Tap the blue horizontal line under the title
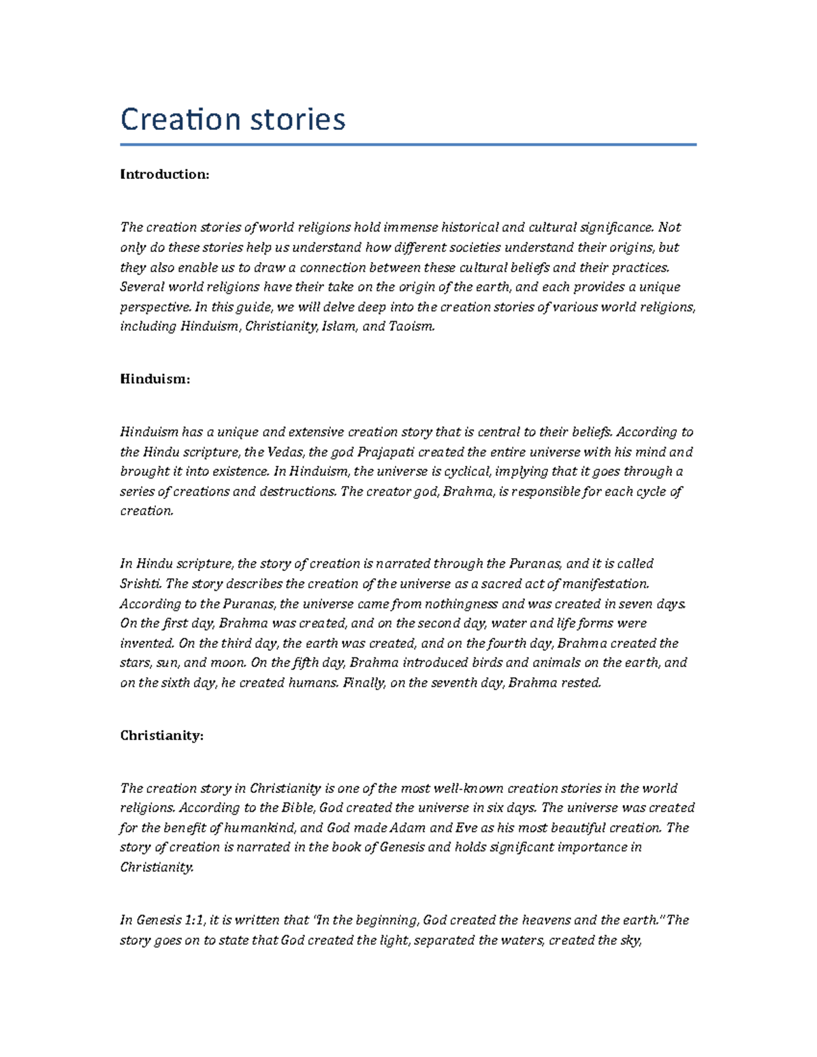pos(408,144)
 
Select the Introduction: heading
pos(164,174)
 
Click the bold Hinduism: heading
pos(155,379)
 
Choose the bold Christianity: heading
pos(161,736)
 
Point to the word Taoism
pos(411,327)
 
